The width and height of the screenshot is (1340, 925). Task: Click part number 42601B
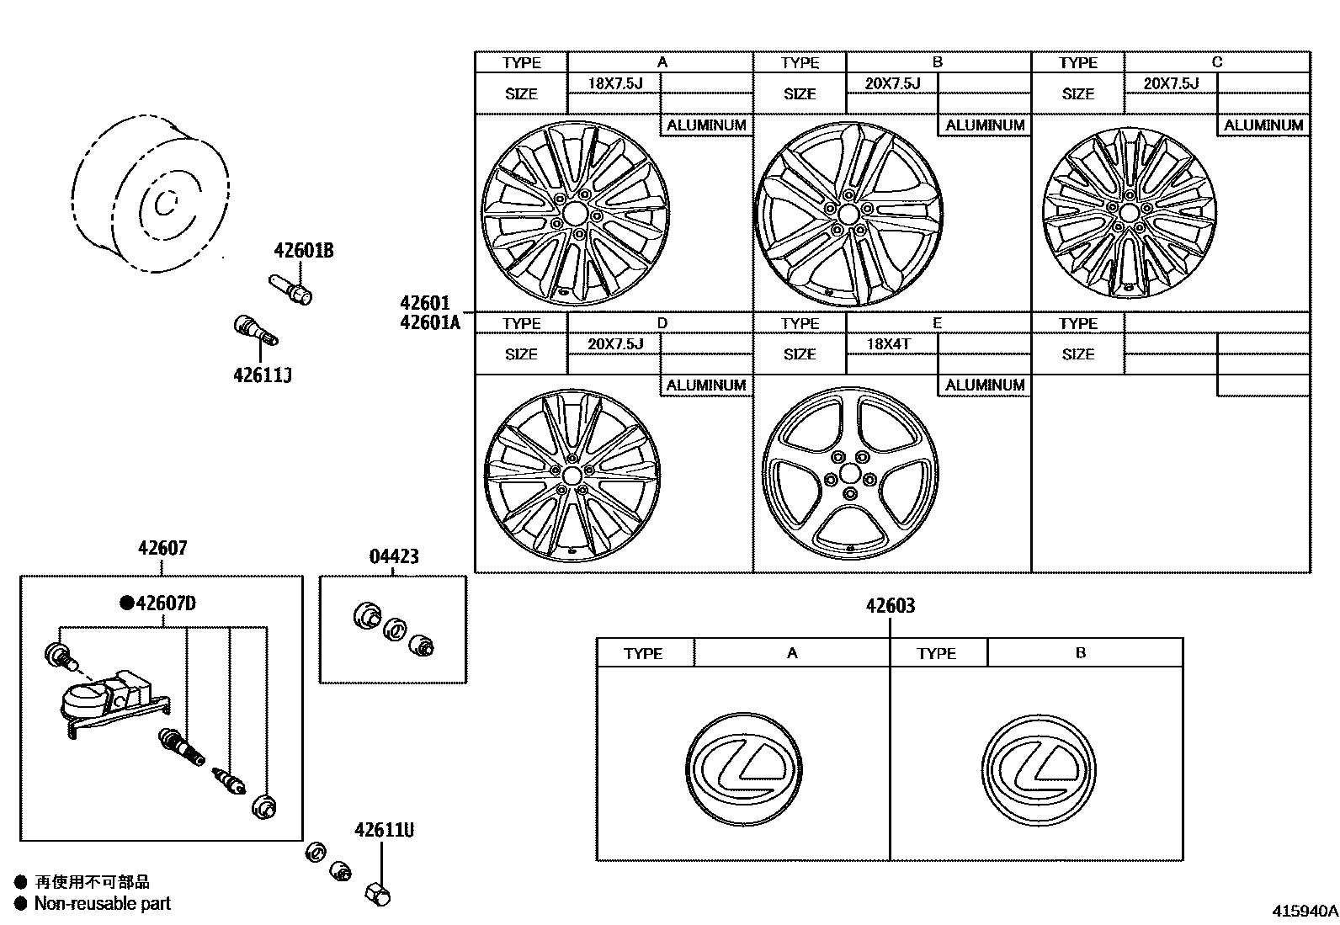[x=303, y=251]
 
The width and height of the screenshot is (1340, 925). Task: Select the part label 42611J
[x=262, y=375]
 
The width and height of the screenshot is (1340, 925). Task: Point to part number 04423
[x=393, y=556]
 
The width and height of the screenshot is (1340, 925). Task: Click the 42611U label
[x=384, y=830]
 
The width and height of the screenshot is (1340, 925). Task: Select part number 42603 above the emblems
[x=890, y=605]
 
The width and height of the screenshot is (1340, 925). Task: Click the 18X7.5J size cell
[x=615, y=82]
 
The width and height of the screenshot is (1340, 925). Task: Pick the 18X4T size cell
[x=889, y=343]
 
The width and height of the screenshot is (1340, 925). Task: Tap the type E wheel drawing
[x=850, y=473]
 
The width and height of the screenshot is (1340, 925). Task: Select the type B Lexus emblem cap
[x=1040, y=771]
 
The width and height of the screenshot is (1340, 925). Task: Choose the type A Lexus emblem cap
[x=745, y=769]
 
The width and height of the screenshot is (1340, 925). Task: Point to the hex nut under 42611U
[x=378, y=894]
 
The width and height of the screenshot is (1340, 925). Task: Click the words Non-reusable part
[x=102, y=904]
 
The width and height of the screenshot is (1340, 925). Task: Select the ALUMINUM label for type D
[x=706, y=385]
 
